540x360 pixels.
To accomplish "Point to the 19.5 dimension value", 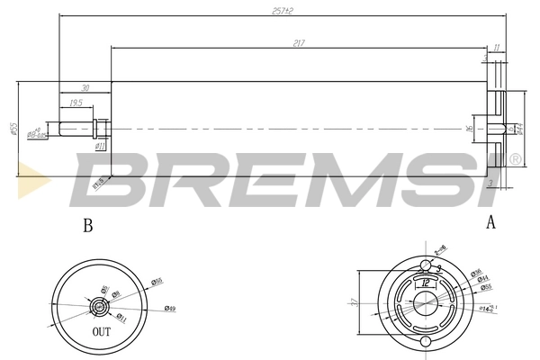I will [x=77, y=103].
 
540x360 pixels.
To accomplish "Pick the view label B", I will [x=87, y=226].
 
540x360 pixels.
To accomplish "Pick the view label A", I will [x=490, y=223].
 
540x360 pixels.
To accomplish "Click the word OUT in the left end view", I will [x=102, y=332].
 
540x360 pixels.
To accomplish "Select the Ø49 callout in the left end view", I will [x=169, y=309].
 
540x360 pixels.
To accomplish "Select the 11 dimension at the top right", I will [x=496, y=47].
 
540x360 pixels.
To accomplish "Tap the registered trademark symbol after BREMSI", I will [x=515, y=159].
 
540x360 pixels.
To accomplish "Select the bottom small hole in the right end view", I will [x=426, y=346].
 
